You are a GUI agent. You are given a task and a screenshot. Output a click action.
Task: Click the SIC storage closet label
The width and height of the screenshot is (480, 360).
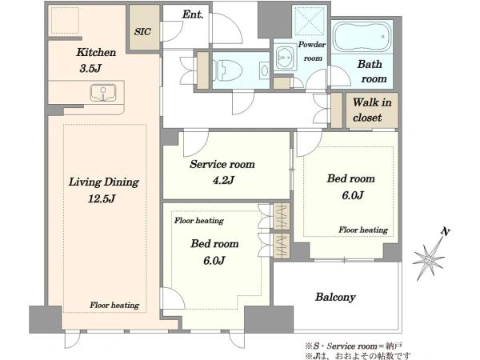[142, 31]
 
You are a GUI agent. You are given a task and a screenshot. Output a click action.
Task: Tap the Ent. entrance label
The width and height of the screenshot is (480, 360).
[193, 14]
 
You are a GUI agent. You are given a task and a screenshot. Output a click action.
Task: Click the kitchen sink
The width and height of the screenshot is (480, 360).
[103, 93]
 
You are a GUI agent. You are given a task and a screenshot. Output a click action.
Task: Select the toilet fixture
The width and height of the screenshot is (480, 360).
[227, 70]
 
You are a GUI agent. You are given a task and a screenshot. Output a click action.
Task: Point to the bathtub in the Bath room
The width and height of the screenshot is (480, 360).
[362, 37]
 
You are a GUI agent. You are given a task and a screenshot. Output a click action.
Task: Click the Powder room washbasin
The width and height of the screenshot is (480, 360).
[285, 58]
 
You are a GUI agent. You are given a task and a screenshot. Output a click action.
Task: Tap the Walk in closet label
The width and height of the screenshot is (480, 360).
[372, 110]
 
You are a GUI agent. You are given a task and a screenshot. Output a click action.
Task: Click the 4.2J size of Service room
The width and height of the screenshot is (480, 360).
[223, 180]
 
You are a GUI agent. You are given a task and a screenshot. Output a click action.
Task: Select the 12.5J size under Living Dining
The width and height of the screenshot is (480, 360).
[102, 199]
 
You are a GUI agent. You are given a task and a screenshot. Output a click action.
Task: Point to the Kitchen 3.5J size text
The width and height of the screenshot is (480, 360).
[90, 68]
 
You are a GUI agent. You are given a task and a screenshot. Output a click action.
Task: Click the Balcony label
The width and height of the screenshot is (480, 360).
[335, 297]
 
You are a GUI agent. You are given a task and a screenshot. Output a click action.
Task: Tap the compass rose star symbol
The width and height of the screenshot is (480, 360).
[428, 259]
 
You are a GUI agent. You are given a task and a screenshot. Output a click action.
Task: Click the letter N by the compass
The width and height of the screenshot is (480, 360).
[446, 232]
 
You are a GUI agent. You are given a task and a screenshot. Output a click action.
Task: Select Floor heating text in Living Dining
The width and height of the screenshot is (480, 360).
[114, 306]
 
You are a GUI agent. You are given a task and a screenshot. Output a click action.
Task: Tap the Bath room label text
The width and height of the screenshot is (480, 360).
[372, 71]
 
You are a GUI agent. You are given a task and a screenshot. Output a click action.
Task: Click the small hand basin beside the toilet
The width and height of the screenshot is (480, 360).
[264, 70]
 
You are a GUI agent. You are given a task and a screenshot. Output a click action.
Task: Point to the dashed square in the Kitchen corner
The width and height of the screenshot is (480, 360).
[65, 20]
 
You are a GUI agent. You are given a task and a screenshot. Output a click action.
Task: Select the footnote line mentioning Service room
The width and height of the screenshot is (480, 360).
[354, 346]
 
